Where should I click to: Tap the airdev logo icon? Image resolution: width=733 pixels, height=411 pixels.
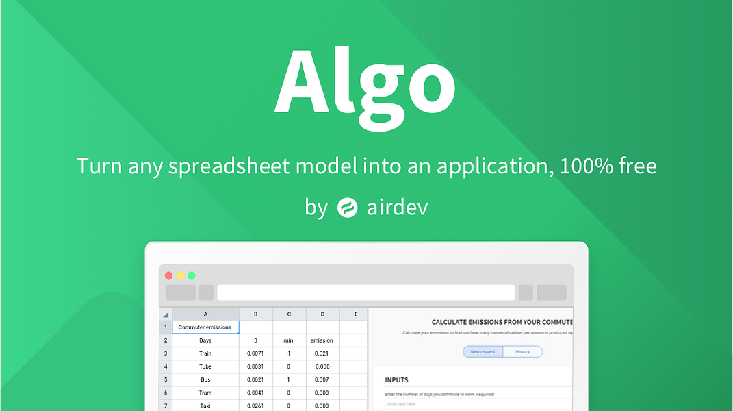click(348, 208)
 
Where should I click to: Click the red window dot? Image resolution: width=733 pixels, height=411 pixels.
click(169, 275)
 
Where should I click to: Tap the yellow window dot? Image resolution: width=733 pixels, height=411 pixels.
click(181, 275)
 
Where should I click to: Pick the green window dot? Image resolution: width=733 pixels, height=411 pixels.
click(192, 275)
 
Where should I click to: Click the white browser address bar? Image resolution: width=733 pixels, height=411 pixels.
click(365, 292)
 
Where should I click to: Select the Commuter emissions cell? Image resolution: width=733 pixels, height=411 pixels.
click(205, 327)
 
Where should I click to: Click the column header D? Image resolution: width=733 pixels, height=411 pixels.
click(322, 314)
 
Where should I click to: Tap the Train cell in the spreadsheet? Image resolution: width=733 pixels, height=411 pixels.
click(205, 353)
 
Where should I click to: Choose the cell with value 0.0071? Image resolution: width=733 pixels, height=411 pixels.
click(255, 353)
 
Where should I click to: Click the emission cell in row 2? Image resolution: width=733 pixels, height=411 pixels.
click(322, 340)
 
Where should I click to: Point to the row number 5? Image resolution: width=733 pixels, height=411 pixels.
click(166, 379)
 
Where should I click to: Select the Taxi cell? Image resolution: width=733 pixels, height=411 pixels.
click(205, 406)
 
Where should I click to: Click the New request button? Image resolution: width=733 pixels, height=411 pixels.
click(483, 351)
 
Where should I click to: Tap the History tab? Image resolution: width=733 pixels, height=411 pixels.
click(522, 351)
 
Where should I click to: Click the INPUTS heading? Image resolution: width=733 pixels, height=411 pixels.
click(397, 380)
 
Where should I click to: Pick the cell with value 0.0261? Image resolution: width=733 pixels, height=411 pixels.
click(255, 406)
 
